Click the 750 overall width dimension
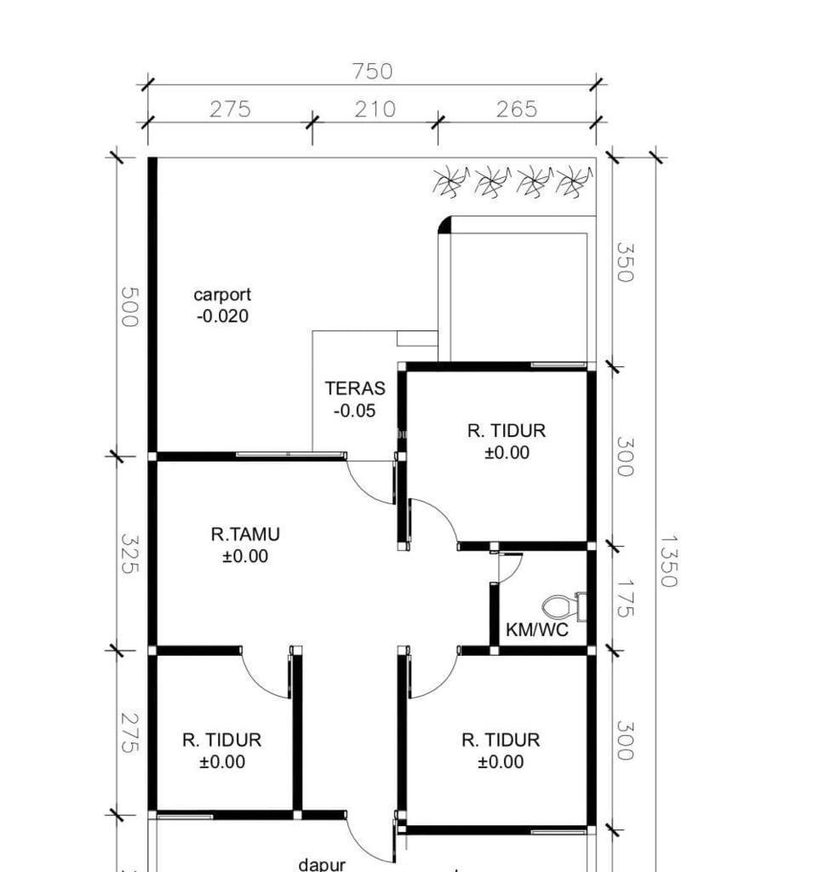point(373,72)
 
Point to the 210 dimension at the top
point(375,109)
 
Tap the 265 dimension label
point(517,109)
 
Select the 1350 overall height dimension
point(668,561)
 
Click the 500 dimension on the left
point(129,307)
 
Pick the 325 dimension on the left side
point(129,554)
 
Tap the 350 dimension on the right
point(625,262)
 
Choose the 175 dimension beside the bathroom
point(625,598)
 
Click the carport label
point(222,294)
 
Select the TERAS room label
point(355,388)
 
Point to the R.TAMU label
point(245,535)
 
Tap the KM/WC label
point(537,629)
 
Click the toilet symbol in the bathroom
point(564,606)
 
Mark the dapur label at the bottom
point(322,865)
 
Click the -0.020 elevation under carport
point(222,316)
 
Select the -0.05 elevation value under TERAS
point(355,411)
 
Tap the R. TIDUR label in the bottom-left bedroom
point(222,740)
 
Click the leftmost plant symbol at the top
point(450,181)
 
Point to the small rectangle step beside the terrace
point(417,338)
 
